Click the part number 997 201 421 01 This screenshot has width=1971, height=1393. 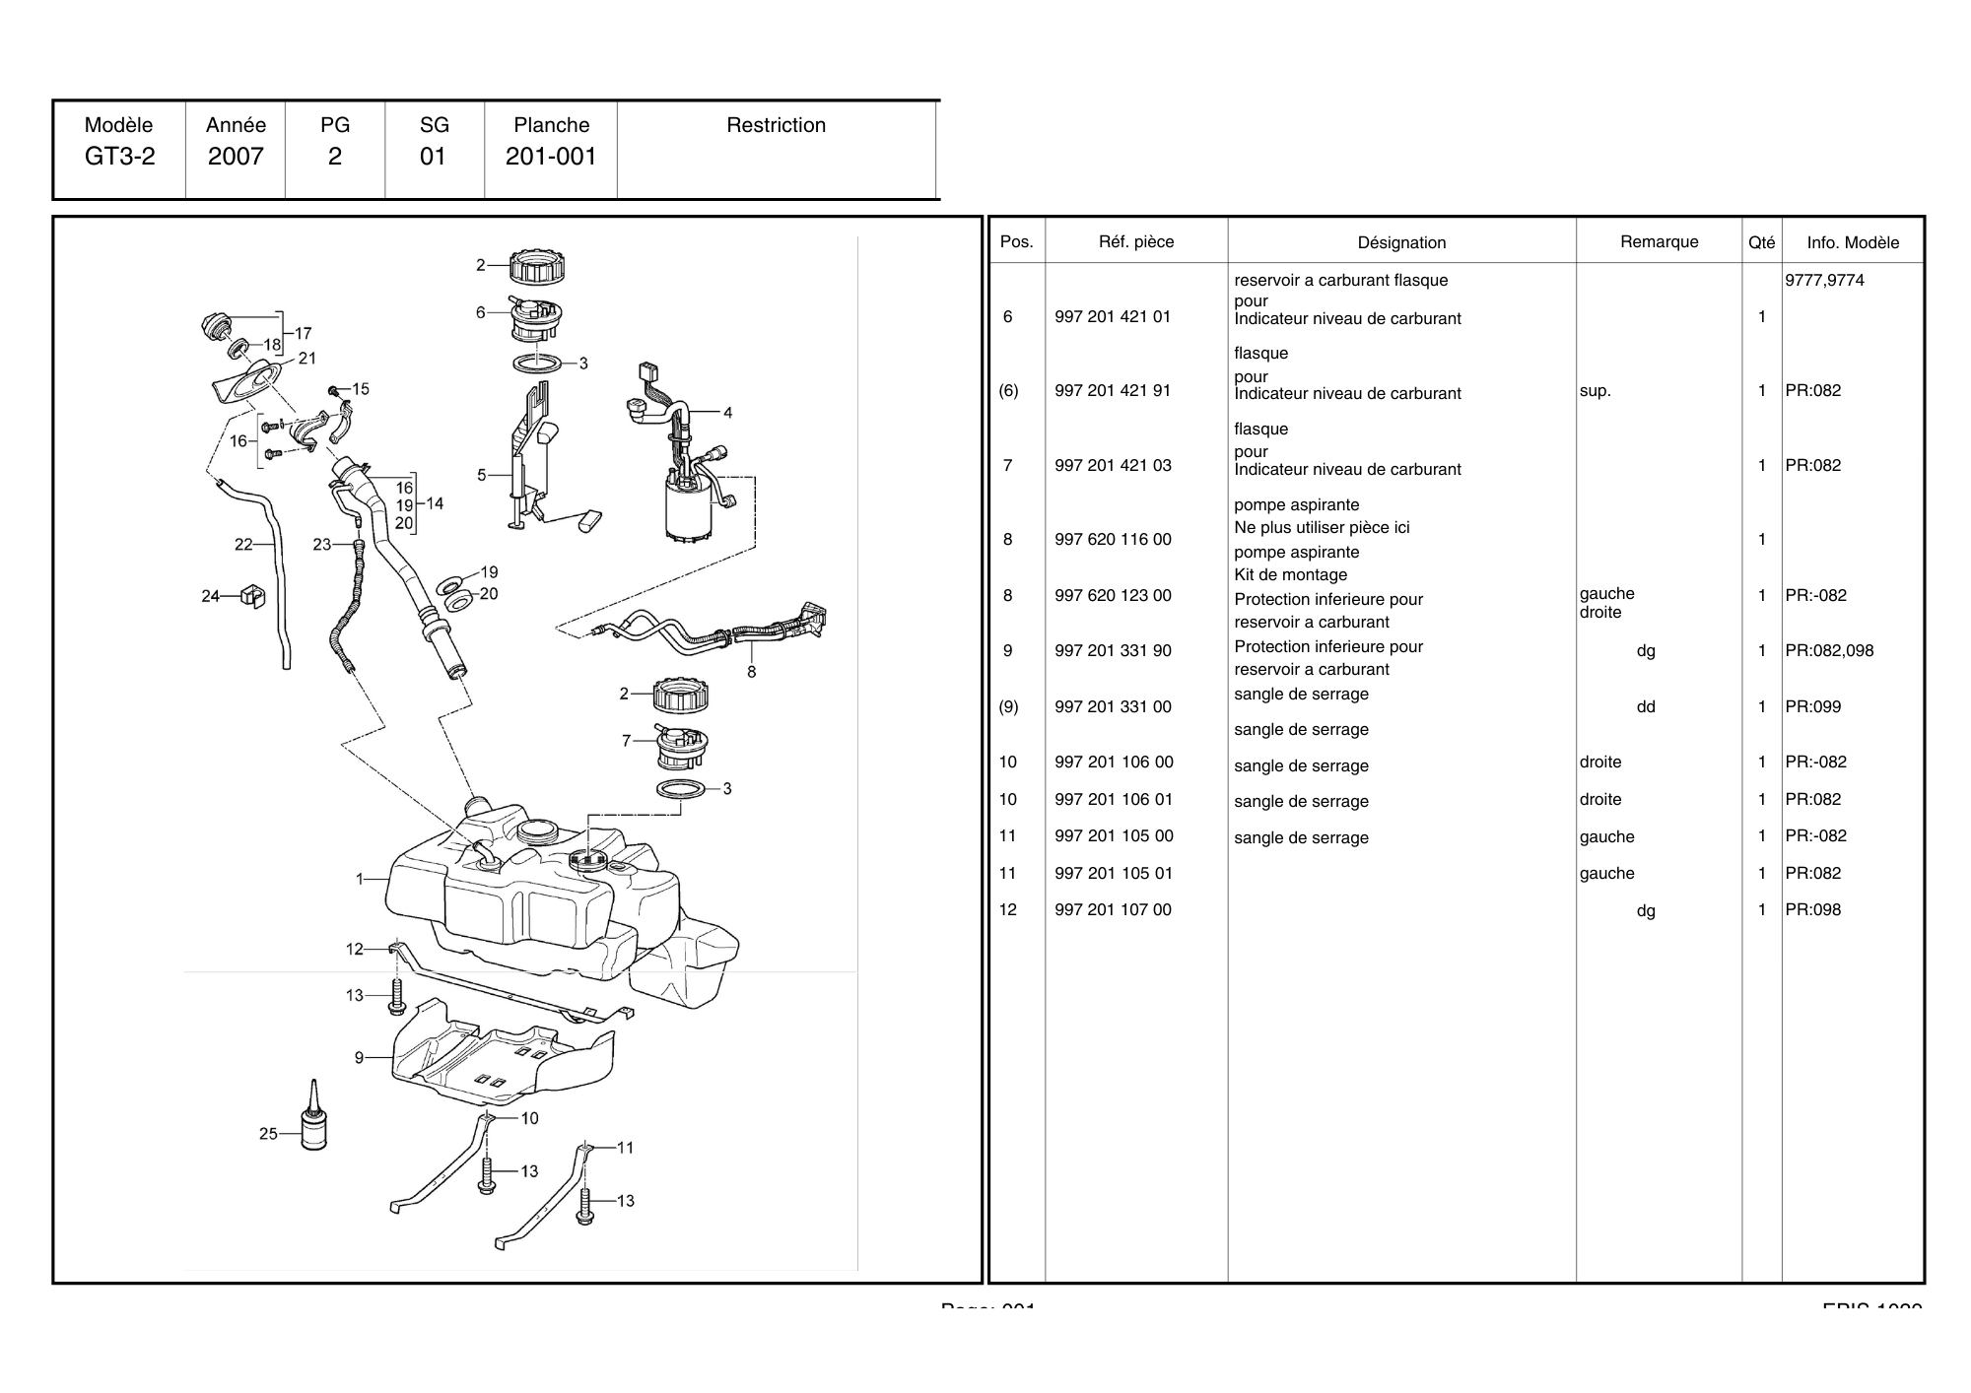[x=1113, y=317]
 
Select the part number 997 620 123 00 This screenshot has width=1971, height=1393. [x=1113, y=596]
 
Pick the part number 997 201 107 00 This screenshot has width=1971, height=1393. [x=1113, y=910]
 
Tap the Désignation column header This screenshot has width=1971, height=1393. [x=1401, y=242]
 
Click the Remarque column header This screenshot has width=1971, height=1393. [x=1659, y=242]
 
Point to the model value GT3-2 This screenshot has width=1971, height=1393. [x=119, y=157]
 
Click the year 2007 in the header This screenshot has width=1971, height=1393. [x=236, y=157]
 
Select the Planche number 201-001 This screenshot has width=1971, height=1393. [x=551, y=157]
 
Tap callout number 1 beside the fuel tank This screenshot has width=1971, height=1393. [x=361, y=879]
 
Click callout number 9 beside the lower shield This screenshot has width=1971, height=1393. [x=360, y=1058]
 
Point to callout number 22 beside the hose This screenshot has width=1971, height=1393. [x=243, y=544]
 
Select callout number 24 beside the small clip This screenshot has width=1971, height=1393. [x=210, y=596]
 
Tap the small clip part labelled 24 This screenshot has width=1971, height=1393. [x=253, y=595]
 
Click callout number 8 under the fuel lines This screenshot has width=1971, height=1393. [x=752, y=672]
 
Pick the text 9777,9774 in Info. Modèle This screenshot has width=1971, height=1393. [x=1824, y=281]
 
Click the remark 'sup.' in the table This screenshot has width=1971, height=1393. [x=1595, y=391]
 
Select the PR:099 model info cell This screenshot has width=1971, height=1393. [x=1812, y=707]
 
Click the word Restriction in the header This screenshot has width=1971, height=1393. [x=776, y=125]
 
